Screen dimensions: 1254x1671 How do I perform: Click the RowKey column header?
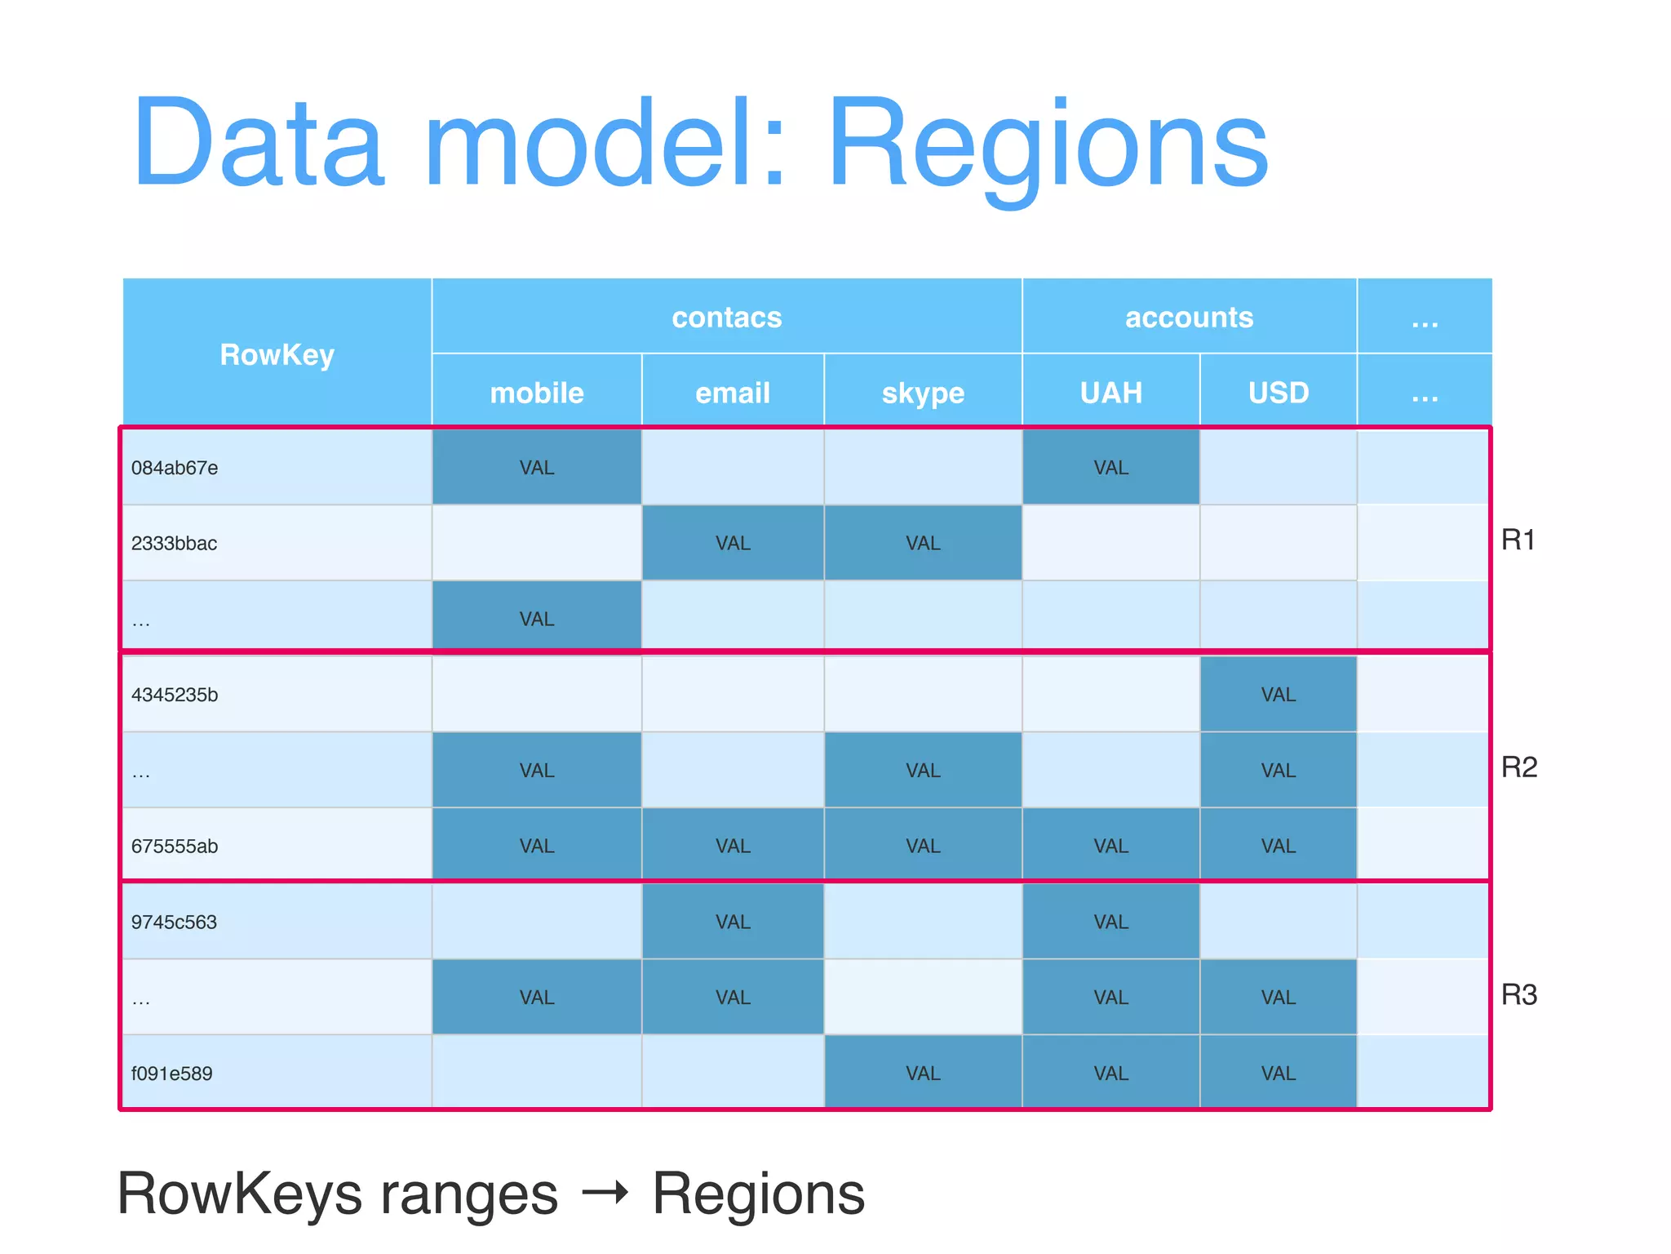tap(277, 355)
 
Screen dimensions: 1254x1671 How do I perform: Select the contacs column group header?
tap(726, 317)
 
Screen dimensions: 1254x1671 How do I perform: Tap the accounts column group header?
tap(1189, 317)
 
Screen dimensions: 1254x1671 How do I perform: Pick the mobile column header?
tap(537, 393)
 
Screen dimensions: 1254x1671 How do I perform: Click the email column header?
tap(733, 393)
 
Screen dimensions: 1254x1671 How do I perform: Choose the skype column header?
tap(923, 393)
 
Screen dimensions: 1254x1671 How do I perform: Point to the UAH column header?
tap(1110, 393)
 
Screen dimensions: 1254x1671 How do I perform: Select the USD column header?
tap(1279, 393)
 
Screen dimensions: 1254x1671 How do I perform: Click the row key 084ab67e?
tap(175, 468)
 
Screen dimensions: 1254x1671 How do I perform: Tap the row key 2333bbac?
tap(175, 543)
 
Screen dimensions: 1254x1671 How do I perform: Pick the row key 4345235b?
tap(175, 695)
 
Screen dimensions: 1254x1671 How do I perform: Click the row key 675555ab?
tap(175, 846)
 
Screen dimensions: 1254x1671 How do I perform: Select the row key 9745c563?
tap(175, 922)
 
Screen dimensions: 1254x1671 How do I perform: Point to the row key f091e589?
tap(172, 1073)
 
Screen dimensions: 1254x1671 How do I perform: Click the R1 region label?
tap(1518, 540)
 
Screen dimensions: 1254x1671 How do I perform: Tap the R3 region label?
tap(1519, 994)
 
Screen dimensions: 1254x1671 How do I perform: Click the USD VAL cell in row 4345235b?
tap(1279, 695)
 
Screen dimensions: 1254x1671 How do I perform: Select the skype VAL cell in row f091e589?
tap(923, 1073)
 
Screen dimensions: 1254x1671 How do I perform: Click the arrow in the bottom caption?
tap(605, 1193)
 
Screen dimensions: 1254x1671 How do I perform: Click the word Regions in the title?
tap(1048, 143)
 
